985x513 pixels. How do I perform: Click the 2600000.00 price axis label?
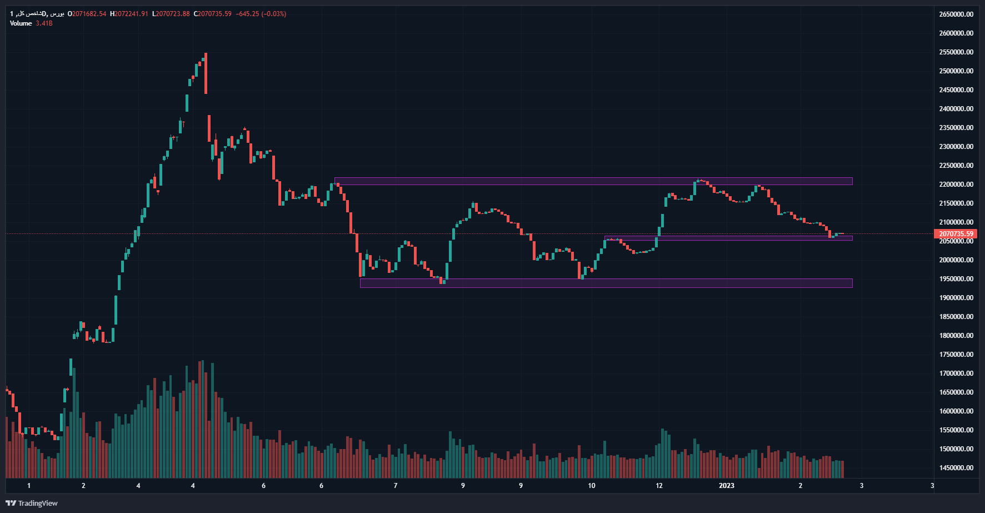pos(956,33)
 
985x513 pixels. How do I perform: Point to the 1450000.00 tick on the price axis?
pos(956,468)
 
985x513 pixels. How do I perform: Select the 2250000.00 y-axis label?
pos(956,166)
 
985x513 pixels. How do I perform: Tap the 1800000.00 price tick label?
pos(956,336)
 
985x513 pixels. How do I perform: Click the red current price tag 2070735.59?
pos(956,234)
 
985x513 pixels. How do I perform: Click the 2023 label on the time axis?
pos(726,486)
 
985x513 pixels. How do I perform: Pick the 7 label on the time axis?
pos(396,486)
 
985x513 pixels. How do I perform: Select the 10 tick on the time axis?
pos(592,486)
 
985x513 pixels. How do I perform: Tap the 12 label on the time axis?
pos(659,486)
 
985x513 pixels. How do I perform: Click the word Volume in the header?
pos(21,23)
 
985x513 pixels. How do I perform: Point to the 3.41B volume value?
pos(44,23)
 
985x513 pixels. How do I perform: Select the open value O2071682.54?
pos(87,14)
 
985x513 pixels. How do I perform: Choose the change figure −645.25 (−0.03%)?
pos(261,14)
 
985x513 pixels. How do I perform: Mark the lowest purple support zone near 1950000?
pos(606,283)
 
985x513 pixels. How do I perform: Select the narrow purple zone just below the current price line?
pos(728,238)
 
